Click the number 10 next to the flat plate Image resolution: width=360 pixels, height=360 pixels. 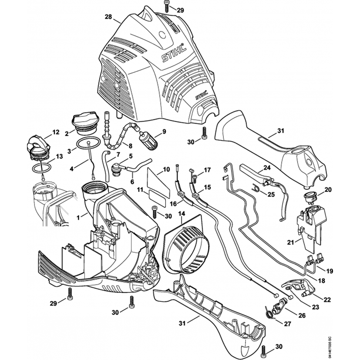(x=166, y=169)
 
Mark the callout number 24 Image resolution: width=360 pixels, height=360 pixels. (x=267, y=167)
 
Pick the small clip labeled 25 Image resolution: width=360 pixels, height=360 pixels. (x=255, y=188)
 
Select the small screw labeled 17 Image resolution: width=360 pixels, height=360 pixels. (x=195, y=177)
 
